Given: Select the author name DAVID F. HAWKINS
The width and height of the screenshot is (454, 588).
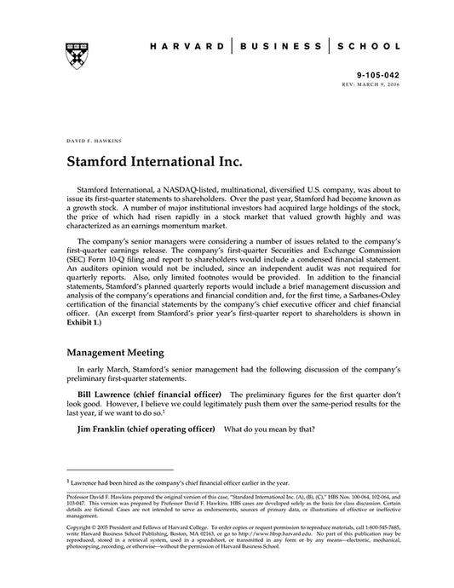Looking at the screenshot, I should (x=92, y=138).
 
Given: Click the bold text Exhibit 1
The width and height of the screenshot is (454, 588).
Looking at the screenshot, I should (x=88, y=325).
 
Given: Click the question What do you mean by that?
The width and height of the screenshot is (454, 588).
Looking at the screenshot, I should (x=266, y=430).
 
